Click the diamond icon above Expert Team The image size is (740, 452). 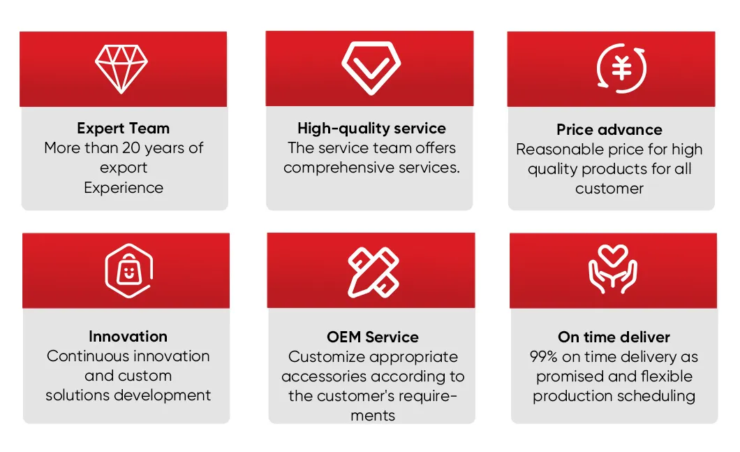pyautogui.click(x=121, y=69)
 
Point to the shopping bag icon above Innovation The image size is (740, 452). pyautogui.click(x=128, y=270)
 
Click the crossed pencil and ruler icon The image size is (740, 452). pyautogui.click(x=373, y=270)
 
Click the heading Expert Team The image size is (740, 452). pyautogui.click(x=124, y=129)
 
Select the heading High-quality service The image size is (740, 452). pyautogui.click(x=371, y=129)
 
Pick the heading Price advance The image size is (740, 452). pyautogui.click(x=609, y=130)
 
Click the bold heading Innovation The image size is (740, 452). pyautogui.click(x=128, y=337)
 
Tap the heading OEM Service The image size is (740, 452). pyautogui.click(x=372, y=337)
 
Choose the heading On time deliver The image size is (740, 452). pyautogui.click(x=614, y=337)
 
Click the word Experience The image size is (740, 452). pyautogui.click(x=124, y=188)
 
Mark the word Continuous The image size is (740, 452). pyautogui.click(x=88, y=356)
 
